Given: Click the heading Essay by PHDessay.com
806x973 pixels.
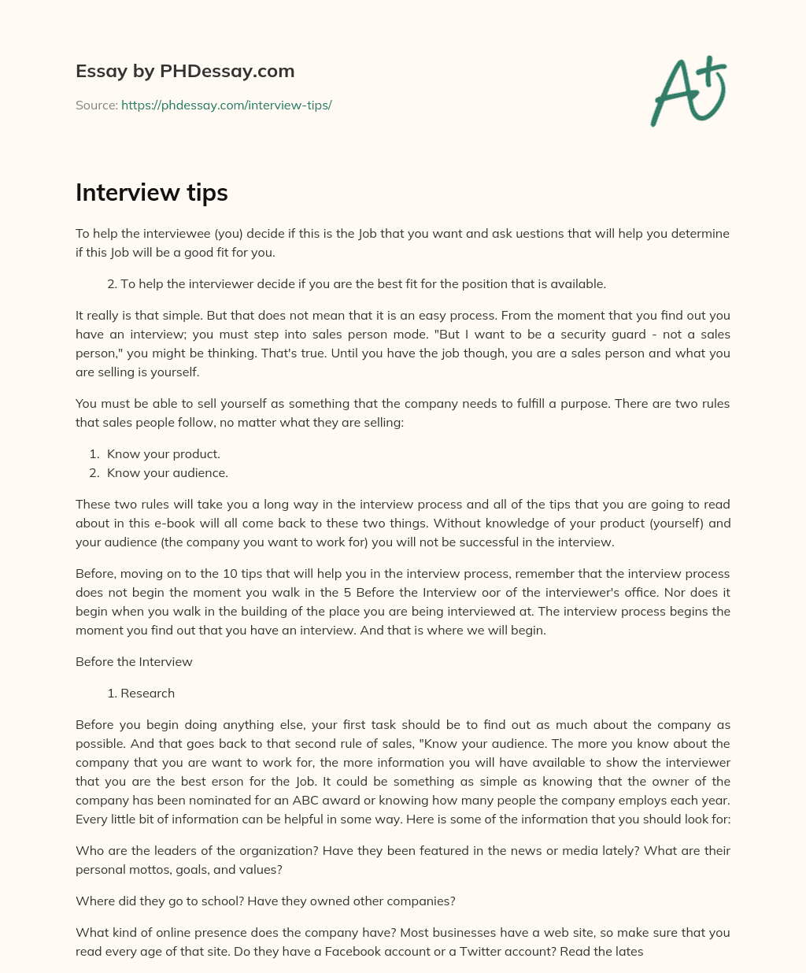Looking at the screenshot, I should pos(185,72).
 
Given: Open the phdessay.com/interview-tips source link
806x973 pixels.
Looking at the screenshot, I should pos(226,105).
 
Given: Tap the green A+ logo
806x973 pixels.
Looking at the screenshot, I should pos(688,91).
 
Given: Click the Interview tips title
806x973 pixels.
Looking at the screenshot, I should pos(151,193).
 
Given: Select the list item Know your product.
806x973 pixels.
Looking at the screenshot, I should pos(164,454).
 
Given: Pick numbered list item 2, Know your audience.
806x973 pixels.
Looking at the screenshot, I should pos(167,473).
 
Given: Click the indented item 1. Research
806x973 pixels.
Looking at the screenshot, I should pos(141,694).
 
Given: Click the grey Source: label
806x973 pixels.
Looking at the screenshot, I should pos(97,105).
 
